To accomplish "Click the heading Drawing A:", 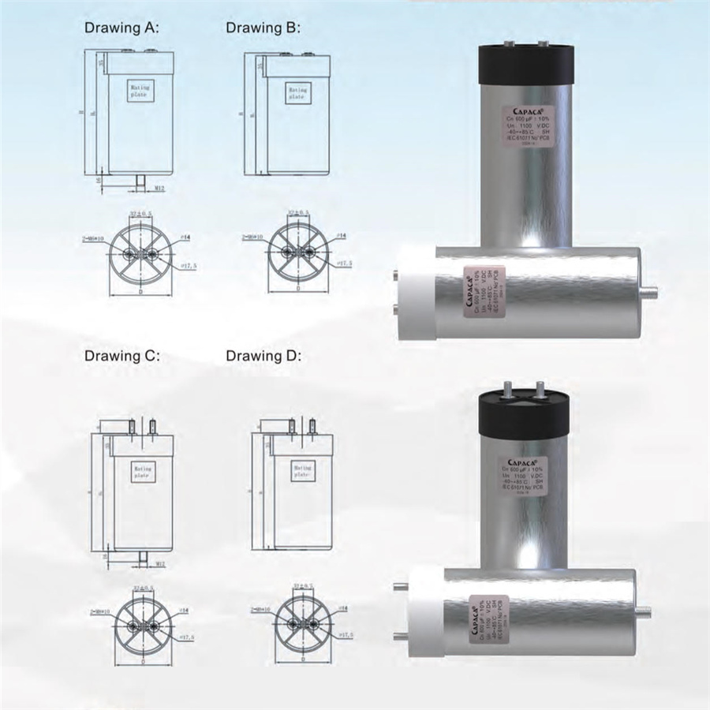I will coord(122,28).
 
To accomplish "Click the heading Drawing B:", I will coord(263,28).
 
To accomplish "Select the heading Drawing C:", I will coord(122,356).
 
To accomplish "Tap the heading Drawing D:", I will coord(263,356).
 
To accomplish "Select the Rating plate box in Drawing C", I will coord(141,472).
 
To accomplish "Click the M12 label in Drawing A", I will coord(159,188).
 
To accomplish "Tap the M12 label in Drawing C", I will coord(159,564).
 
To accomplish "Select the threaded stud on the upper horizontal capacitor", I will coord(650,290).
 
